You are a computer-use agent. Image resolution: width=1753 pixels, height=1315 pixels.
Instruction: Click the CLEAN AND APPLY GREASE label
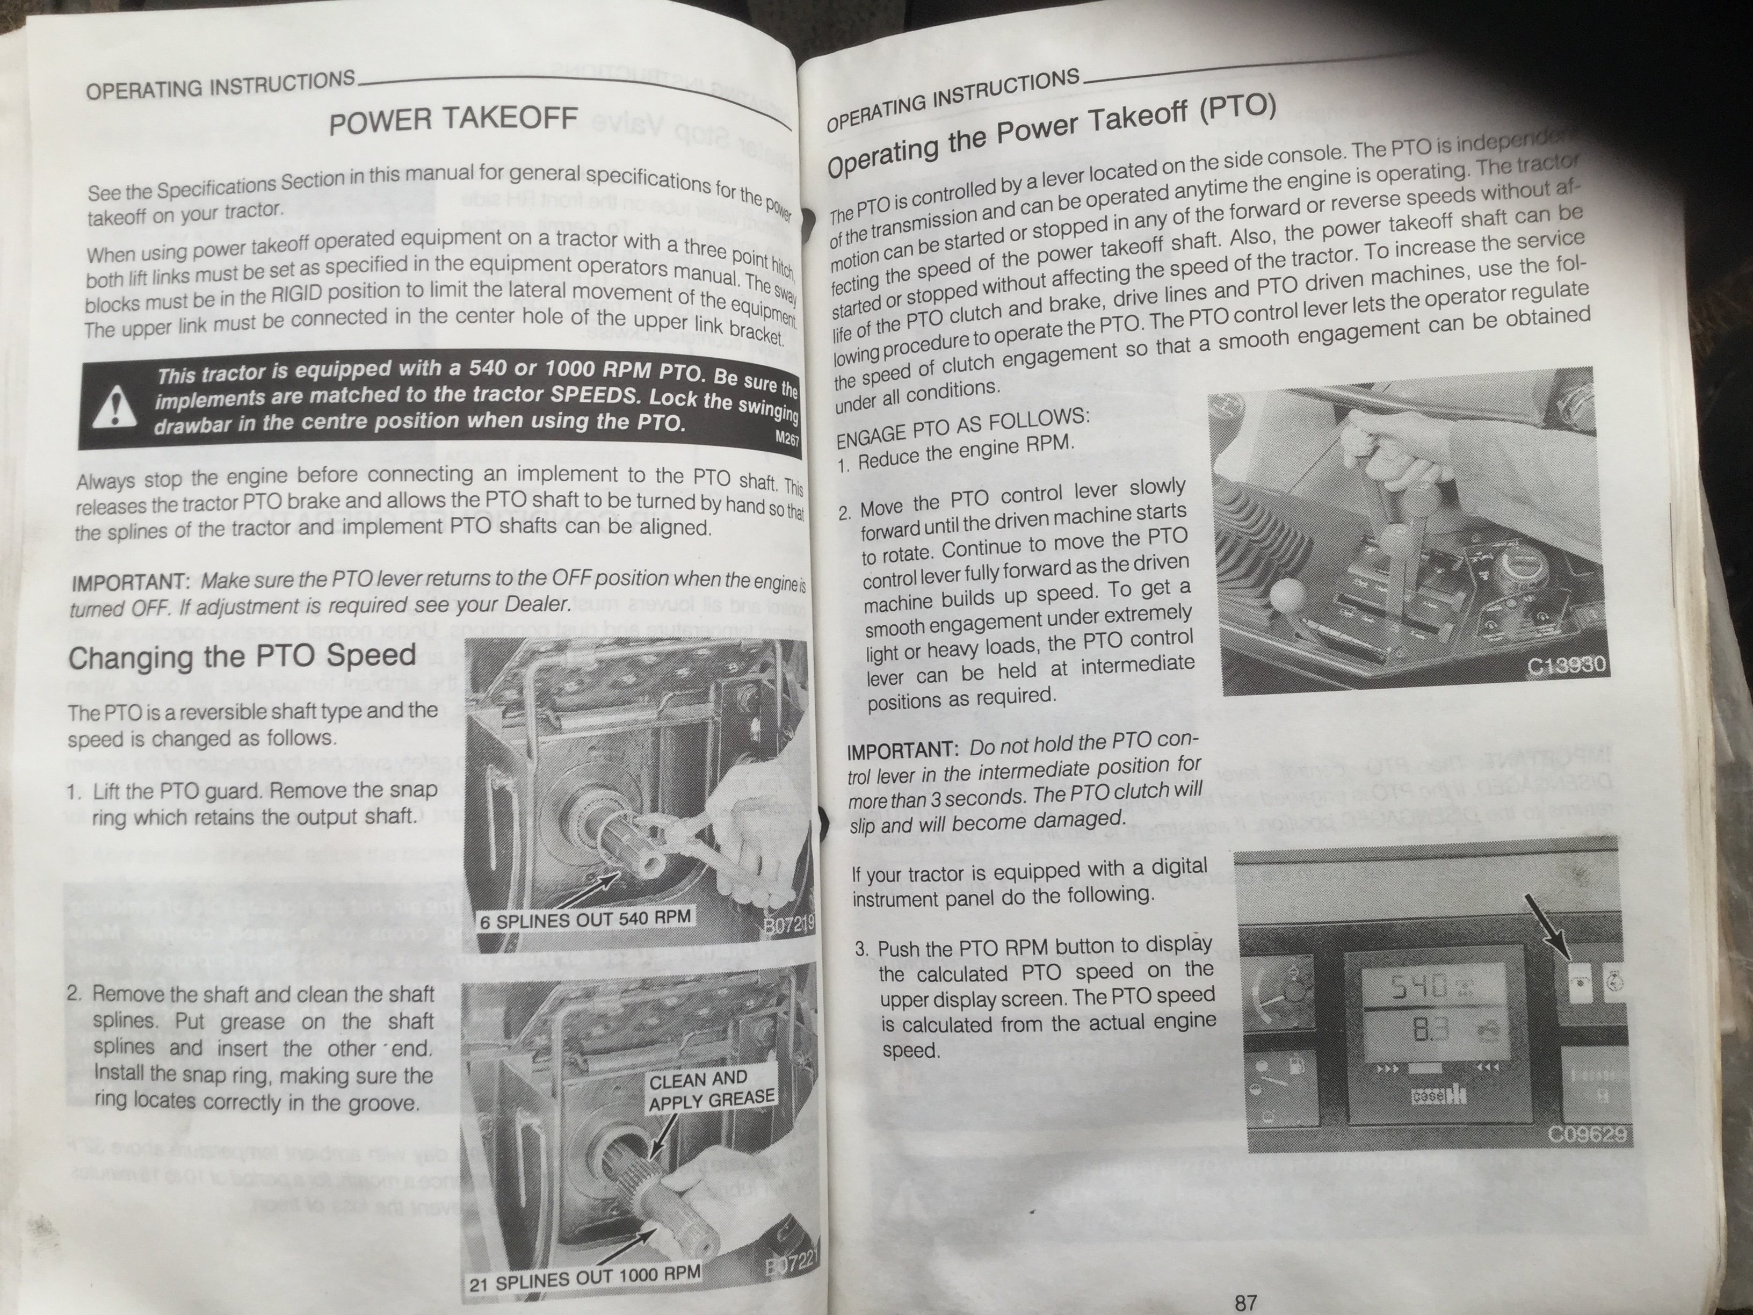coord(711,1090)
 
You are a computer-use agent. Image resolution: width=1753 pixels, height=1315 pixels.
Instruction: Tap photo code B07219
coord(788,924)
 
